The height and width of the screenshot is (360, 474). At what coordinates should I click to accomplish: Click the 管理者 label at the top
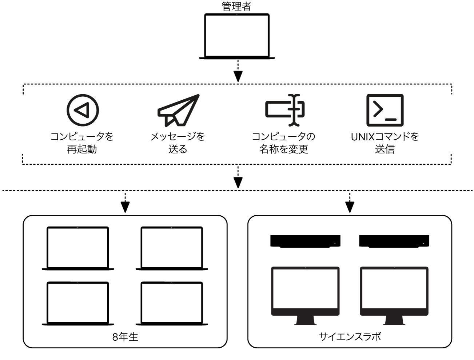[236, 7]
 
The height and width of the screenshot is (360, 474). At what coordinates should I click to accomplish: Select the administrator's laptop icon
[237, 36]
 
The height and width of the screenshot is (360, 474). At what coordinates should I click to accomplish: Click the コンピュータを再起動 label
[82, 143]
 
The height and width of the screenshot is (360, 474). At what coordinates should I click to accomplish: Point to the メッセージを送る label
[178, 143]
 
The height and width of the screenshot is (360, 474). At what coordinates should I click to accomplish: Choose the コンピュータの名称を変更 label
[284, 143]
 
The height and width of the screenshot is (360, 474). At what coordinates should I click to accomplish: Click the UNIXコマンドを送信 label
[385, 143]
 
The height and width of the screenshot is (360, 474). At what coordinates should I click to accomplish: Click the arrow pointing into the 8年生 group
[125, 207]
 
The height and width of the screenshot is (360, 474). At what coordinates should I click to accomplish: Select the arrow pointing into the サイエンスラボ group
[350, 207]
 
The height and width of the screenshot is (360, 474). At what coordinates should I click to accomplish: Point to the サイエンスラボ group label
[350, 336]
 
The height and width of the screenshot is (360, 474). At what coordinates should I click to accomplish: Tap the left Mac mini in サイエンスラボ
[306, 241]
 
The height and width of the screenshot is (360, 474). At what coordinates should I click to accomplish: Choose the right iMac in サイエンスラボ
[394, 291]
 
